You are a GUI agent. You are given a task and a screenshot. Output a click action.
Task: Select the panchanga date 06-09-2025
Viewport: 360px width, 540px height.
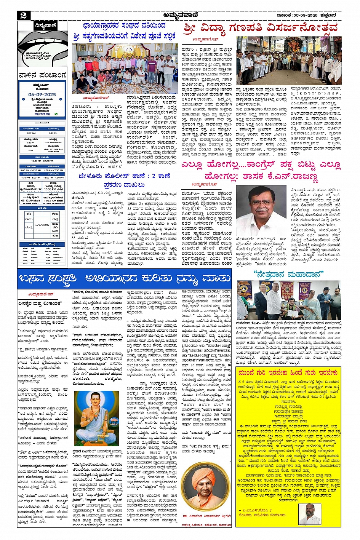[x=42, y=94]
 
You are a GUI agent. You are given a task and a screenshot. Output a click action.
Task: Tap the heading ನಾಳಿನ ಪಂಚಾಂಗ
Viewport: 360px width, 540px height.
[x=42, y=75]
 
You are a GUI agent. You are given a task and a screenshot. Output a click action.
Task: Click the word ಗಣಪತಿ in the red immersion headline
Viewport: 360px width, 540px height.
[x=246, y=28]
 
